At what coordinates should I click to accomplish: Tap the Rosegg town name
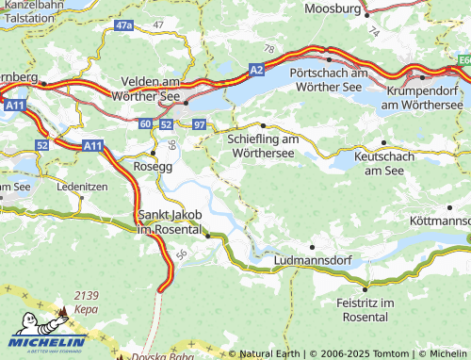pos(154,166)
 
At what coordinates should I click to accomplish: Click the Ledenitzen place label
pos(82,187)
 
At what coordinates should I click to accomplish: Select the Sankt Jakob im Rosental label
pos(171,222)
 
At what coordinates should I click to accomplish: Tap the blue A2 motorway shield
pos(257,69)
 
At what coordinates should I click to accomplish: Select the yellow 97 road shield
pos(198,124)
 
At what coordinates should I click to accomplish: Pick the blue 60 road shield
pos(145,124)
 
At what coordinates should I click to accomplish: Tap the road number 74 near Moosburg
pos(373,31)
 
